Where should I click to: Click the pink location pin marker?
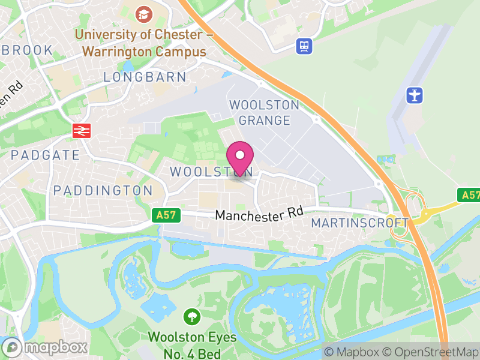[241, 158]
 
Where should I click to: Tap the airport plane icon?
[415, 95]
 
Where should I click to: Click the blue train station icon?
[305, 46]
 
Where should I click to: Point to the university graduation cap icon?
[143, 14]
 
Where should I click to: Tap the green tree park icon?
[192, 316]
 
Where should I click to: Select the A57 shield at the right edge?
[470, 195]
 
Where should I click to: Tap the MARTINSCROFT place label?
[360, 223]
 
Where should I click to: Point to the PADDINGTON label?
[103, 190]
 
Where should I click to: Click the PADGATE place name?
[45, 155]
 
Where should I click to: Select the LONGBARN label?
[145, 77]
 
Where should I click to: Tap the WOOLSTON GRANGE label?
[264, 113]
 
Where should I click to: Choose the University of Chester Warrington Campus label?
[144, 43]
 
